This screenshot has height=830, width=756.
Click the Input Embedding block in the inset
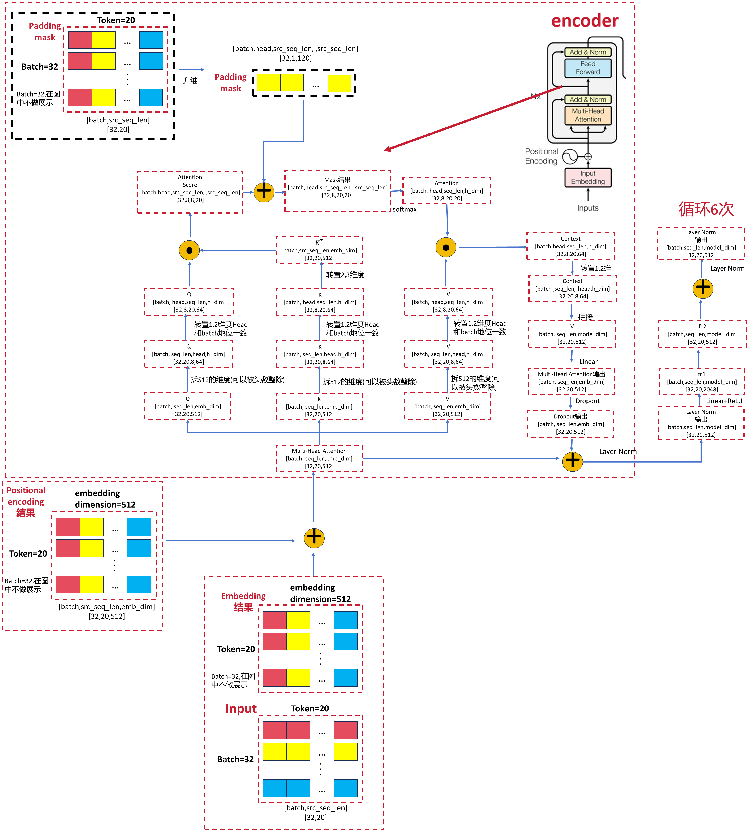click(588, 177)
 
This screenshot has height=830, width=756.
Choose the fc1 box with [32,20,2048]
click(702, 382)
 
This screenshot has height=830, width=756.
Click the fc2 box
click(702, 334)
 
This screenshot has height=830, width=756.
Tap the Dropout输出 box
click(570, 424)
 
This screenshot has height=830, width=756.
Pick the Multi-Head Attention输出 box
click(571, 382)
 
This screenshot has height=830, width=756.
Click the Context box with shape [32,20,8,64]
click(573, 289)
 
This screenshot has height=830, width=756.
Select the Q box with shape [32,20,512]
click(188, 406)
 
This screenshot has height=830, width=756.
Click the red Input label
click(241, 709)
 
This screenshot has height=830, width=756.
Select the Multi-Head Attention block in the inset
click(588, 115)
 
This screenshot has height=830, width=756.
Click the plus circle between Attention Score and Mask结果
click(264, 192)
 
